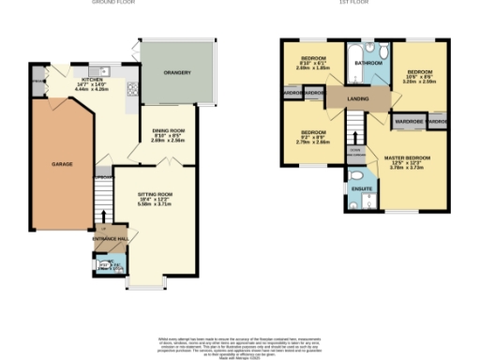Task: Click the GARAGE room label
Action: pos(49,164)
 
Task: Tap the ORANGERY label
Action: pos(177,73)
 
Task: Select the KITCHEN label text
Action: pos(93,81)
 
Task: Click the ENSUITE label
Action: pos(361,188)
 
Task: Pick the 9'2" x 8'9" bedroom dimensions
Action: pos(313,142)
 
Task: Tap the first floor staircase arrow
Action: pos(355,127)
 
